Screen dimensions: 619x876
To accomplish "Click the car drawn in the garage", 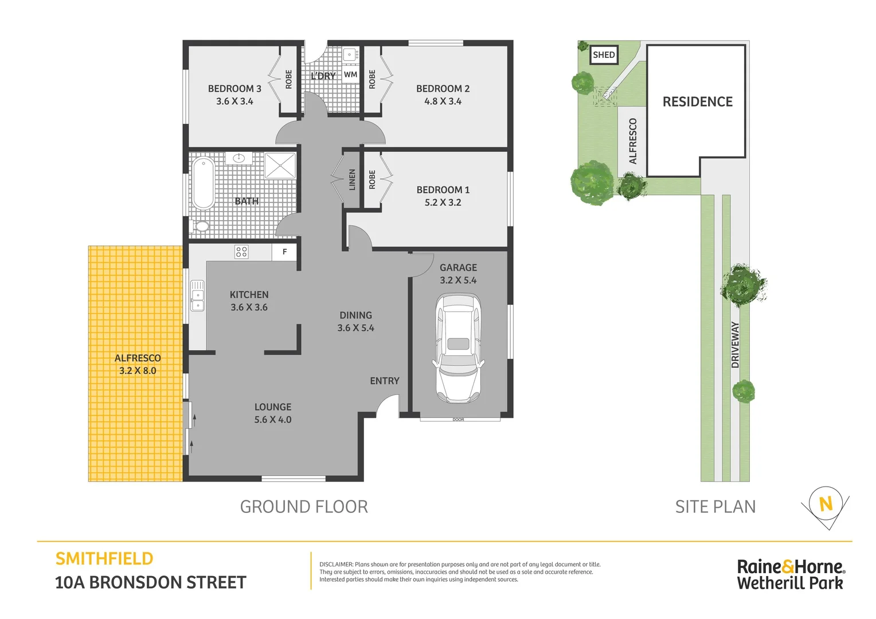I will [458, 348].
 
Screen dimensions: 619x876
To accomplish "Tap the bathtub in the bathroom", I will [204, 183].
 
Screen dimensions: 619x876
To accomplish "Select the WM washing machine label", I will [350, 75].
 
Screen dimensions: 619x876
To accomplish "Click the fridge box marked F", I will [284, 252].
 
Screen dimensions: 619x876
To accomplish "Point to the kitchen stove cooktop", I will [241, 252].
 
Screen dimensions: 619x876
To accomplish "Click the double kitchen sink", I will [197, 295].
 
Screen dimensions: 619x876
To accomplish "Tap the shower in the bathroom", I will [280, 166].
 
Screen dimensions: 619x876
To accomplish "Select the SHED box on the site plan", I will [604, 55].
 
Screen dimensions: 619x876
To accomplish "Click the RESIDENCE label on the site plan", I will [697, 102].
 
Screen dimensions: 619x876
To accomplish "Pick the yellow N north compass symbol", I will [826, 504].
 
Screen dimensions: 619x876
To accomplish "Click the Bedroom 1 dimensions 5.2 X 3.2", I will [443, 202].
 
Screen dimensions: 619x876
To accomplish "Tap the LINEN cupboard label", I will [352, 179].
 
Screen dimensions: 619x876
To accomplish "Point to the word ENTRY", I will [384, 381].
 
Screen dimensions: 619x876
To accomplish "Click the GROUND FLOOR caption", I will [304, 507].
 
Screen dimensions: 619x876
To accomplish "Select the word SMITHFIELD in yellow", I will [104, 559].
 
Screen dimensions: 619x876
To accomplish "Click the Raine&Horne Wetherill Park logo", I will [790, 574].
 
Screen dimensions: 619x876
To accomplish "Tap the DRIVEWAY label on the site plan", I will [735, 344].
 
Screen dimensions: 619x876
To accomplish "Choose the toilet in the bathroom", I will [201, 226].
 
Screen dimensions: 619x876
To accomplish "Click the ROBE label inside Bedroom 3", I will [288, 79].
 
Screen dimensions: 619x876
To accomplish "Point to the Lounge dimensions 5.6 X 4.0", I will [273, 420].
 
